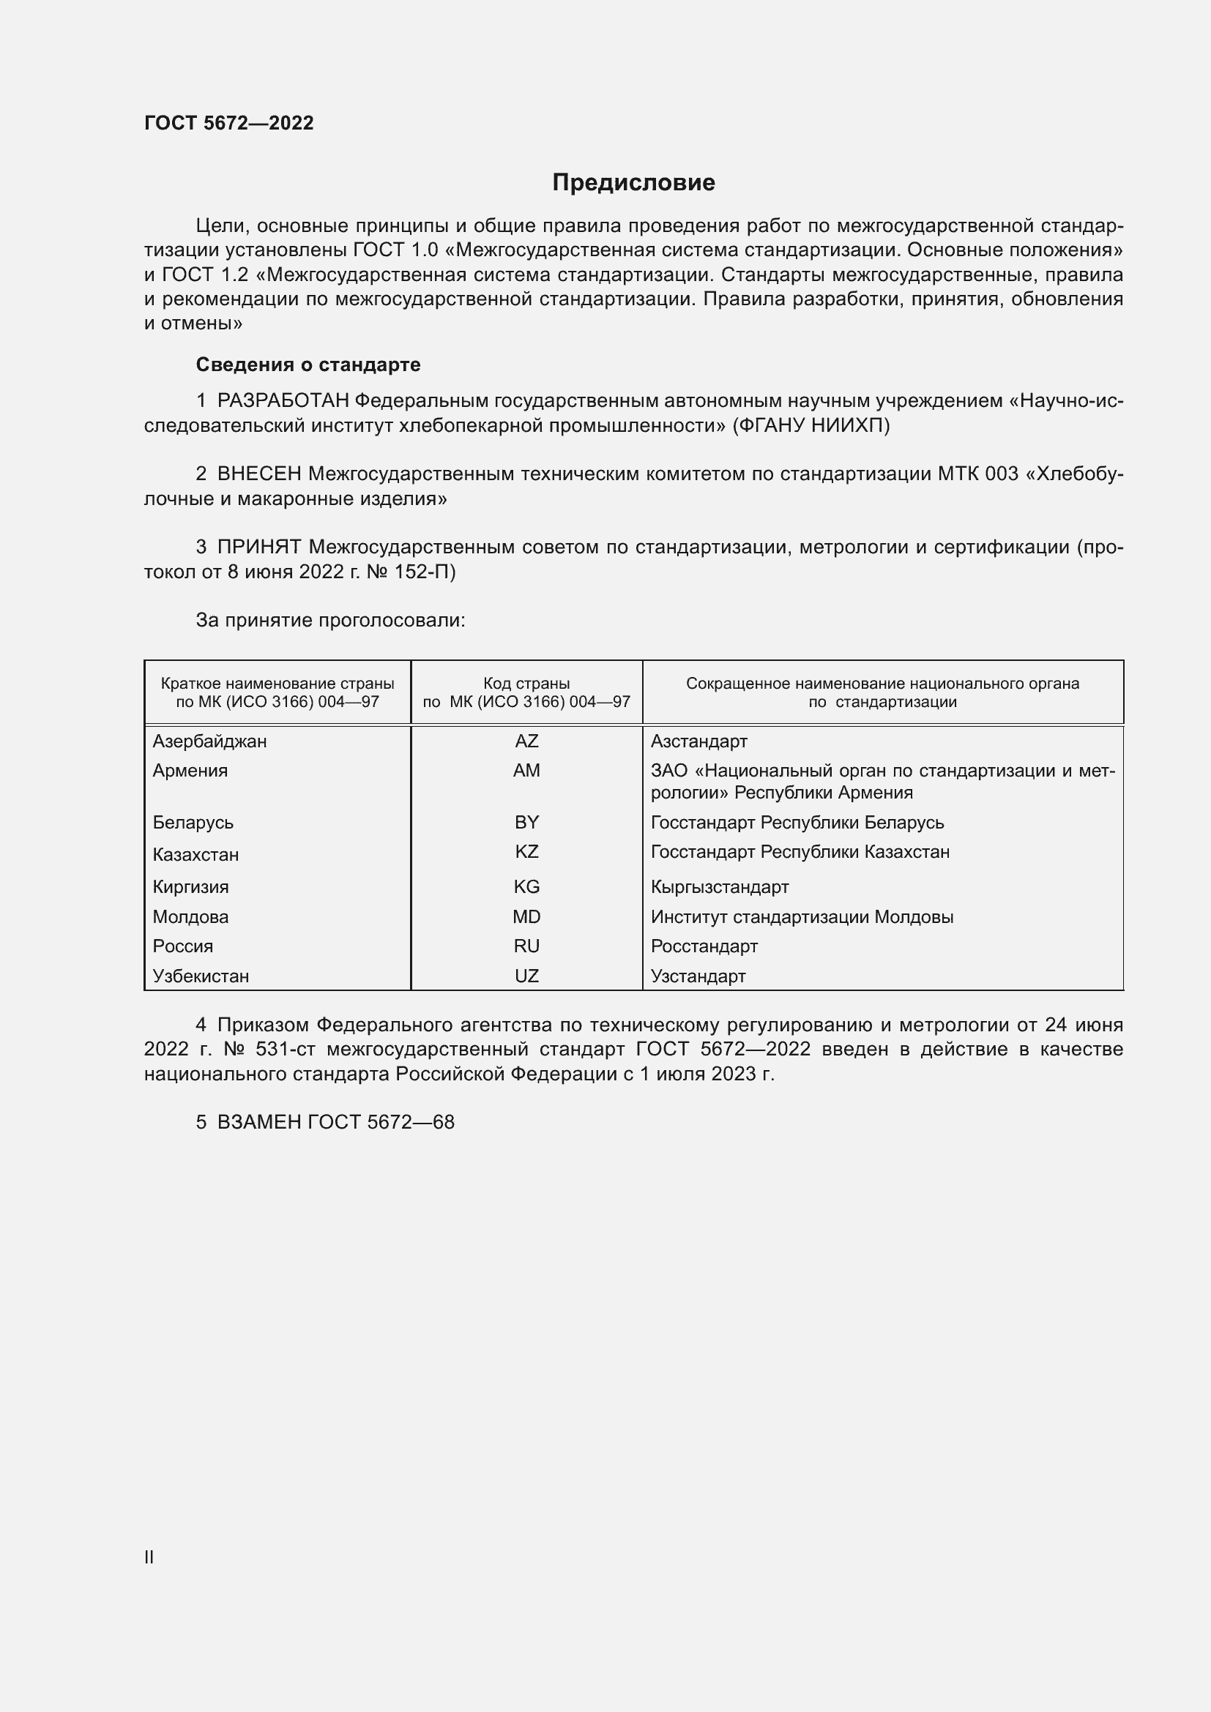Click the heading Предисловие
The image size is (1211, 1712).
pos(633,183)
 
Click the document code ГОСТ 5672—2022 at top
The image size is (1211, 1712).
pos(229,123)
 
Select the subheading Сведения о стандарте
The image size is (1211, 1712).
pos(308,365)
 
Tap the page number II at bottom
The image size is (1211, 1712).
pos(149,1557)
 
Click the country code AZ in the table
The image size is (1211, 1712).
pos(526,741)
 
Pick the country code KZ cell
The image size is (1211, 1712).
pos(526,851)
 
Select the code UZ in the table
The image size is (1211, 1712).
pos(526,976)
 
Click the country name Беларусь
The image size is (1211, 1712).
pos(193,823)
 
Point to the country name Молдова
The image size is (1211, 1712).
pos(190,917)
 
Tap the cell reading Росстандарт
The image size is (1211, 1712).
pos(703,946)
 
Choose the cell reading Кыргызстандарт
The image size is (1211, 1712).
pos(719,887)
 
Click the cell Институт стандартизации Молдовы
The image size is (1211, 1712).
pos(802,917)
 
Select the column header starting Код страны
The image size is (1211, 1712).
pos(526,692)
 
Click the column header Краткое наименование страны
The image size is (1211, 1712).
pos(277,692)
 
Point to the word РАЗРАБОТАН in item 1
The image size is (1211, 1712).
pos(283,401)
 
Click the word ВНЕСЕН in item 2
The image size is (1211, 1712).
pos(259,474)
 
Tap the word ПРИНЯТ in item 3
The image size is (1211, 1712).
pos(259,547)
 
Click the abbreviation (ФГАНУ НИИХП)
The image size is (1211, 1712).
pos(811,426)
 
